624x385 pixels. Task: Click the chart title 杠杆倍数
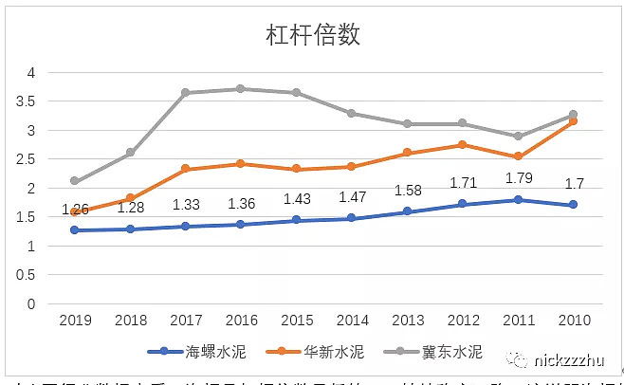(312, 35)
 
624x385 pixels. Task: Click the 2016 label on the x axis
(241, 321)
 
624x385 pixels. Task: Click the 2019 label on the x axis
(75, 321)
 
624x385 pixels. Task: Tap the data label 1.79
(518, 177)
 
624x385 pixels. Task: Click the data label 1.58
(408, 190)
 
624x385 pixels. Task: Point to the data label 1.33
(186, 204)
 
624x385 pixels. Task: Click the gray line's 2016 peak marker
(241, 88)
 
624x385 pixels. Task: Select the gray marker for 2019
(75, 180)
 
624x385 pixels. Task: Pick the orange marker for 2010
(572, 121)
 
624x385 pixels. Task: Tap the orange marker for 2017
(186, 169)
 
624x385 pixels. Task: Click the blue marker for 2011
(518, 200)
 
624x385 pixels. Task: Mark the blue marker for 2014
(352, 218)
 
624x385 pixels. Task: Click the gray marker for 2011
(518, 137)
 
